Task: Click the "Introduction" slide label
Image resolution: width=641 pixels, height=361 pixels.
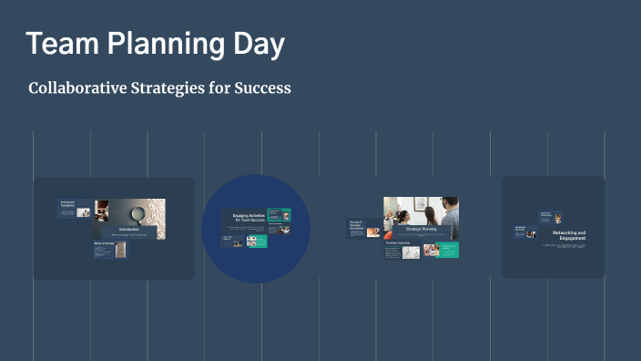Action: (129, 229)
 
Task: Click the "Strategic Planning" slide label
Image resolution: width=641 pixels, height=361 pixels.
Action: (421, 229)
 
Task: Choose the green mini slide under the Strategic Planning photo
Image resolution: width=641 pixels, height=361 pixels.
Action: (447, 249)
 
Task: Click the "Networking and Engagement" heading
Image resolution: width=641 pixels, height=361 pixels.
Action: (569, 236)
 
